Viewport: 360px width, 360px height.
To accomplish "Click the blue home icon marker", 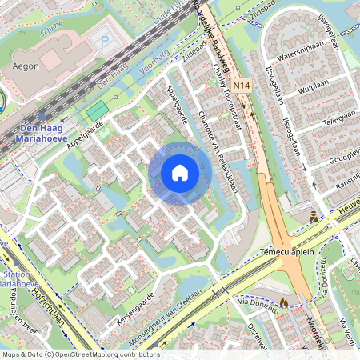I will pos(180,171).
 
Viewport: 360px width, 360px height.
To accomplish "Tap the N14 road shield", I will pos(242,84).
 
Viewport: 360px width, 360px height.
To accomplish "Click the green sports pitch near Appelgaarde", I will pos(98,111).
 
